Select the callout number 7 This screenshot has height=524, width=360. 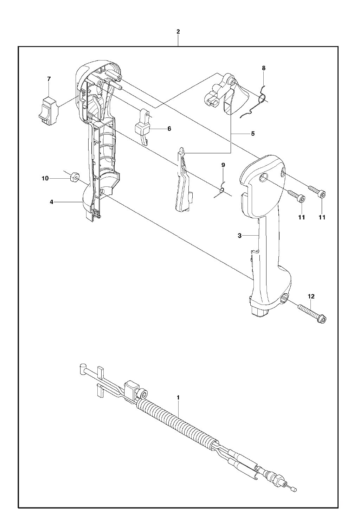49,79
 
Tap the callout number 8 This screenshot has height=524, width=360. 264,68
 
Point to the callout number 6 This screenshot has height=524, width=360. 169,129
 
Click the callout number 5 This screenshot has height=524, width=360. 253,134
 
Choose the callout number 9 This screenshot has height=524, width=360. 223,165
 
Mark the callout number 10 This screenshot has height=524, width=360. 45,179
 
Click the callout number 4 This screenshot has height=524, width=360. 51,202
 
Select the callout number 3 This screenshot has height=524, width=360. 239,236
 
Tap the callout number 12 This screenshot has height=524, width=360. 311,296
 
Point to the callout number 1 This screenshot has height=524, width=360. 178,397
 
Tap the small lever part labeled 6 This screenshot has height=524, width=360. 143,126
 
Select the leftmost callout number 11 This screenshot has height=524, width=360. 302,218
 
